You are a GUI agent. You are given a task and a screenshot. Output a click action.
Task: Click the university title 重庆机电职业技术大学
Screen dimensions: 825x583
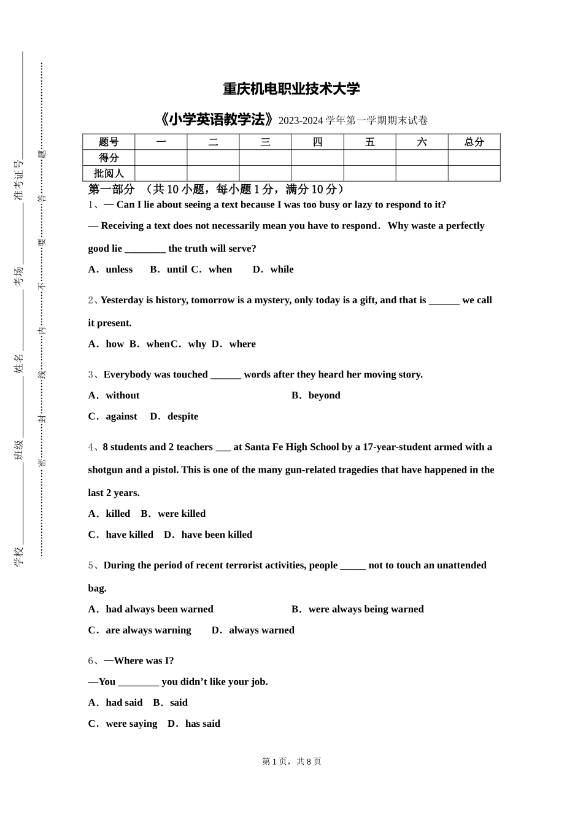291,89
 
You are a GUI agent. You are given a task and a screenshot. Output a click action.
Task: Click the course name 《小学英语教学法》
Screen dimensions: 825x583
215,120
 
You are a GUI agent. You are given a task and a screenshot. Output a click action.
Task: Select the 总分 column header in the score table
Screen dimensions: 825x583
474,142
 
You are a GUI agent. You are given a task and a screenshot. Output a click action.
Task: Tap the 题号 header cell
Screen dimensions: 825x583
109,142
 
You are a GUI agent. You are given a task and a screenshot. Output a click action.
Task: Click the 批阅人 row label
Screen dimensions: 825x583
109,174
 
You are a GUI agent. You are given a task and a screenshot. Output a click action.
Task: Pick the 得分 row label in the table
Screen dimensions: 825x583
109,158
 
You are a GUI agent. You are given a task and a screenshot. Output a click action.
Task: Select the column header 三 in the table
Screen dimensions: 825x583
265,142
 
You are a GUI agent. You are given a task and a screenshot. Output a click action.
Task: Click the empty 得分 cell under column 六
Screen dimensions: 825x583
422,158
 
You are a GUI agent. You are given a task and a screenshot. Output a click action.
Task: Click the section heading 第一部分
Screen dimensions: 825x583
111,189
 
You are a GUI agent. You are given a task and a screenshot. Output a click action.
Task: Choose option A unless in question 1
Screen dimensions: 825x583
111,269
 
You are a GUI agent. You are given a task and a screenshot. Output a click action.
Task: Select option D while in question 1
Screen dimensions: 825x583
274,269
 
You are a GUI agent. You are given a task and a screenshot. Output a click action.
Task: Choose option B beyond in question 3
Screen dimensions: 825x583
316,396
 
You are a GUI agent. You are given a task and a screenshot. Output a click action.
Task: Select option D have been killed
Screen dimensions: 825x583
209,535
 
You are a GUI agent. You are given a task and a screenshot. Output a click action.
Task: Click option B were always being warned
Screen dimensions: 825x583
358,610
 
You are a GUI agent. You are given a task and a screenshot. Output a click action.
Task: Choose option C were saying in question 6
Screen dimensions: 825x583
123,724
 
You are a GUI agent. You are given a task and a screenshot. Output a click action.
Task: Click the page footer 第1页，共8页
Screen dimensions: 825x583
291,762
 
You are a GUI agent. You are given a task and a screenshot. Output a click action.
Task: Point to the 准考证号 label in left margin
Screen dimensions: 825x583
18,180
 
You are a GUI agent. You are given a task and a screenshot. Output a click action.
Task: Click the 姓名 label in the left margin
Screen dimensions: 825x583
18,363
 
